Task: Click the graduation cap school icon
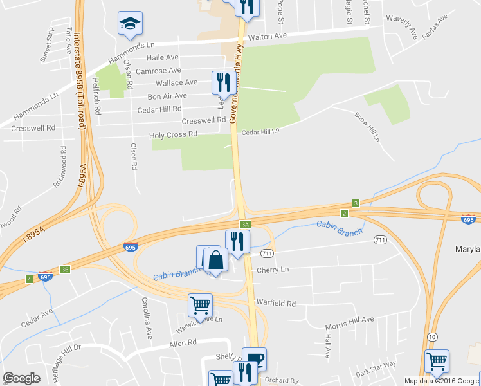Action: point(130,24)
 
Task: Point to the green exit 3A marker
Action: point(245,224)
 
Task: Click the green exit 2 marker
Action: point(344,213)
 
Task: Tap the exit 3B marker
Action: point(64,270)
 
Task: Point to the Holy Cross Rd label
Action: point(173,135)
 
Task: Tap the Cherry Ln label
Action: point(273,270)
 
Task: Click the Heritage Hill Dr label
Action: point(59,355)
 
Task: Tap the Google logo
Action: point(21,378)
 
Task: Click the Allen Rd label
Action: point(183,344)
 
